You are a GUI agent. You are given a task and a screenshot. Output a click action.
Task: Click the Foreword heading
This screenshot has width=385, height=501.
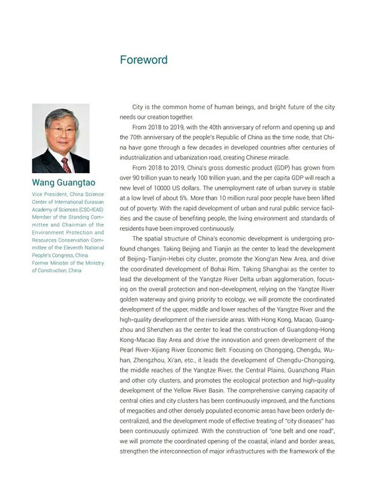144,60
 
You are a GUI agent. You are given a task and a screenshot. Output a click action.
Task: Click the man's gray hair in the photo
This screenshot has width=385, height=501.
61,114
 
